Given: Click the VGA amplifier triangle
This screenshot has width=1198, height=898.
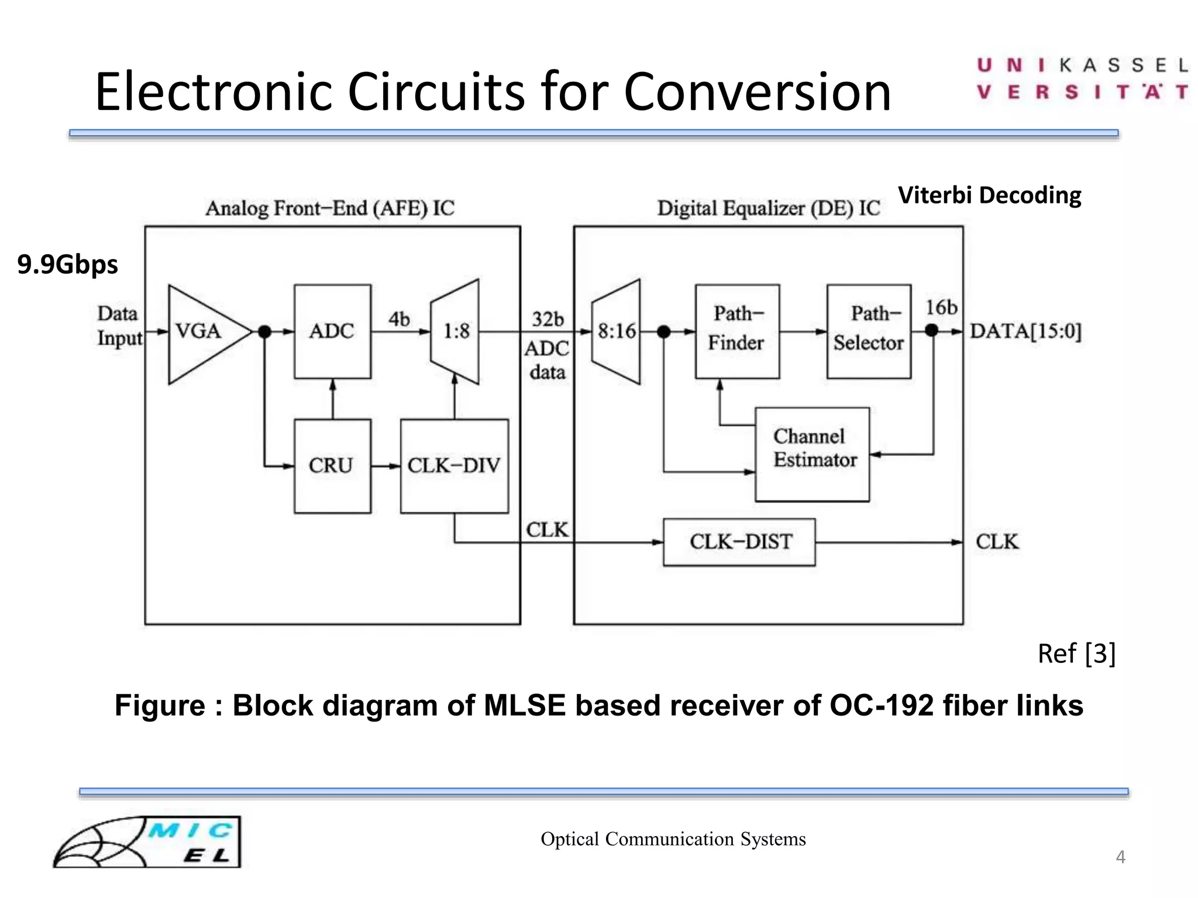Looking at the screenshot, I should coord(202,333).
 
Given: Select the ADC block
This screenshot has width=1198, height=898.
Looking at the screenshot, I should coord(332,331).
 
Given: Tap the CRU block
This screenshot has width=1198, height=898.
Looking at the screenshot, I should coord(332,466).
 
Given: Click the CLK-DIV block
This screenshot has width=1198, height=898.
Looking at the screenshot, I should coord(454,466).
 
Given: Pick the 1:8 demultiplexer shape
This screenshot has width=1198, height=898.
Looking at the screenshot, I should coord(455,331).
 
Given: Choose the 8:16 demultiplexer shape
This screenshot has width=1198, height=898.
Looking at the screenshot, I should coord(616,331).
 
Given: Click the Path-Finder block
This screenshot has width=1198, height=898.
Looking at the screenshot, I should coord(737,331).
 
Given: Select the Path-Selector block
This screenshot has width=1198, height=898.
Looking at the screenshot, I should coord(869,331).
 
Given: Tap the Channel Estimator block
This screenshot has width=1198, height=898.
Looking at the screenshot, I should coord(812,454).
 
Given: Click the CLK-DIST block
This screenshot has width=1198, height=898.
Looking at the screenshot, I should coord(739,542).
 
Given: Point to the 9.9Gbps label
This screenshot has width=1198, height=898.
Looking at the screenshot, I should coord(67,264).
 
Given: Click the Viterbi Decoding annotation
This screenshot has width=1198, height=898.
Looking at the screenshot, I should coord(989,195).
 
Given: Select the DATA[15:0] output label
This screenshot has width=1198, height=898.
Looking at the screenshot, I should coord(1025,331).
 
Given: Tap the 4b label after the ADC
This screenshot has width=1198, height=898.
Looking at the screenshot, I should coord(399,319).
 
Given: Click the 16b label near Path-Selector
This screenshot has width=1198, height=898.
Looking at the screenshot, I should coord(941,308).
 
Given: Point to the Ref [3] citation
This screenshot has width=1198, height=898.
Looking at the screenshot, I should coord(1076,654).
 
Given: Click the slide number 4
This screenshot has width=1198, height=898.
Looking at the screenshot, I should coord(1120,857).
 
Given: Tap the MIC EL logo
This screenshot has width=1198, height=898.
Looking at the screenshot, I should coord(147,842).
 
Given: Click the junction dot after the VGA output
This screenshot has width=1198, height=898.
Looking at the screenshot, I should coord(264,331).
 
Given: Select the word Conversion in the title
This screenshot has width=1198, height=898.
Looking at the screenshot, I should coord(758,92).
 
